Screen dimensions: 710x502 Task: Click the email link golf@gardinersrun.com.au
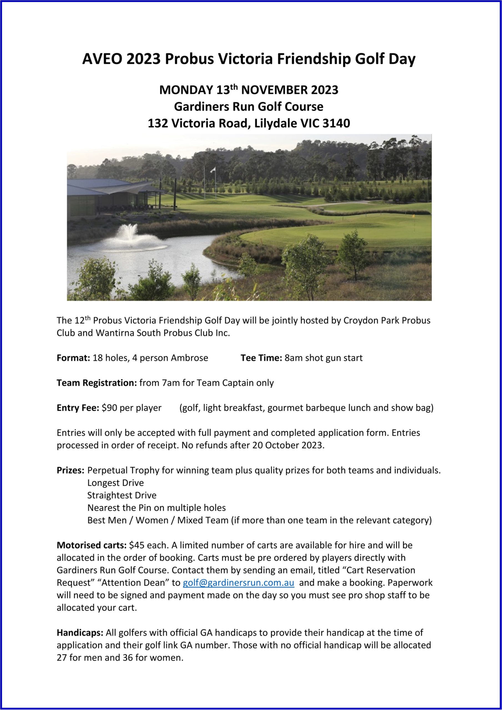(x=238, y=583)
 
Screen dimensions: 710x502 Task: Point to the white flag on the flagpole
(x=213, y=169)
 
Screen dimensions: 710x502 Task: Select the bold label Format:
(x=73, y=358)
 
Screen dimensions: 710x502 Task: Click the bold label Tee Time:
(x=261, y=358)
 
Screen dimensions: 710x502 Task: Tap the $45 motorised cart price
(x=135, y=545)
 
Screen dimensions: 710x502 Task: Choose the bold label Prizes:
(x=70, y=470)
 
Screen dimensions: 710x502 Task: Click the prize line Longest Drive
(x=115, y=483)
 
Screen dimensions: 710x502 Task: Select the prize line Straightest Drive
(x=122, y=495)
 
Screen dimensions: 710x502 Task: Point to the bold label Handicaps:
(x=80, y=633)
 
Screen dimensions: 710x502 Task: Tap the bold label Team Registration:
(x=97, y=383)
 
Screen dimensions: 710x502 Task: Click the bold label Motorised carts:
(x=92, y=545)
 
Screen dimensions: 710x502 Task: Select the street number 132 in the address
(x=158, y=123)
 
